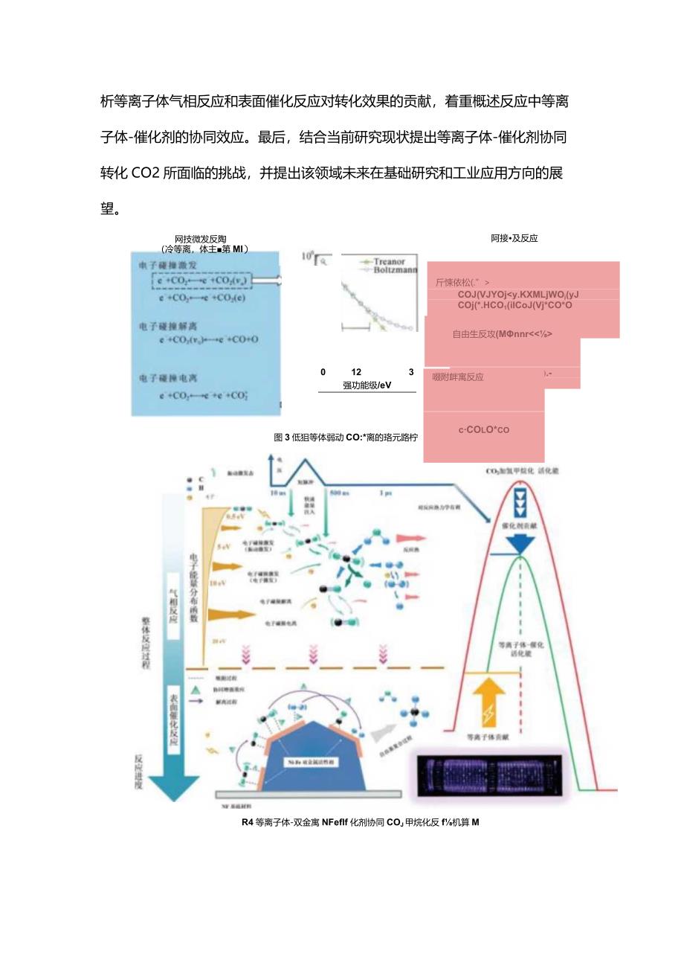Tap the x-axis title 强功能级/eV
[x=367, y=385]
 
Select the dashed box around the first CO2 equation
[x=201, y=281]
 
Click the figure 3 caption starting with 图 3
[x=345, y=437]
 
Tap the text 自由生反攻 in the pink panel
[x=502, y=333]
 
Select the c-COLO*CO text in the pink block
[x=484, y=429]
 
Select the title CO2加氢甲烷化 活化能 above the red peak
[x=528, y=471]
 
